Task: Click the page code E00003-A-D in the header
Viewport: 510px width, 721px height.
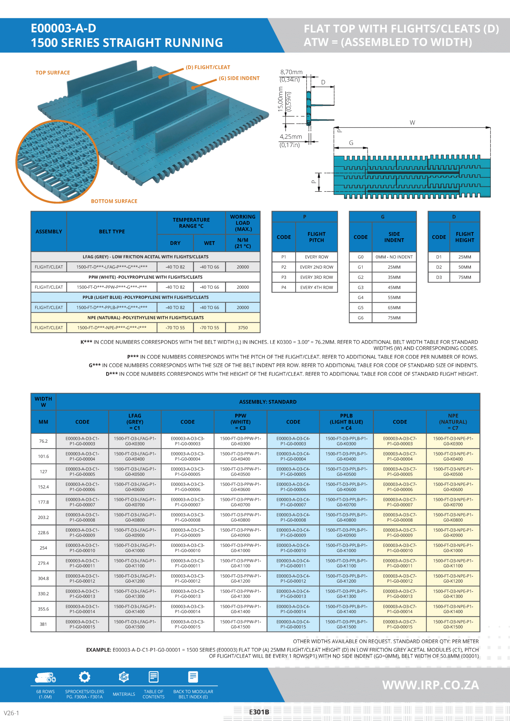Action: (63, 28)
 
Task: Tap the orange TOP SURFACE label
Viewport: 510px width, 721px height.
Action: (52, 73)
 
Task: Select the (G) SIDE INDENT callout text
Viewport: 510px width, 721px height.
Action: (239, 78)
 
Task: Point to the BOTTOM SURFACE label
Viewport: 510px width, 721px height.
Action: (114, 201)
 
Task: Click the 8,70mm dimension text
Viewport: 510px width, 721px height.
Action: (291, 72)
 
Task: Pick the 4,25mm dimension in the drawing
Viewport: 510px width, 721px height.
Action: (291, 137)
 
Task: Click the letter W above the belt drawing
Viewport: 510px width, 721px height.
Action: (412, 123)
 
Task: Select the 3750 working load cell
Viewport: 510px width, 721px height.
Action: (243, 328)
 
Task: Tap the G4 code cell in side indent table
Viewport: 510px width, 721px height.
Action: (360, 298)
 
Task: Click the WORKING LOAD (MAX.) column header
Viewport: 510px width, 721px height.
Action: (243, 223)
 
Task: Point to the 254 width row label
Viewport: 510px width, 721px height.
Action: (43, 548)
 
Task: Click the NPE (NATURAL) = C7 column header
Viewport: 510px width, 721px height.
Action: (453, 422)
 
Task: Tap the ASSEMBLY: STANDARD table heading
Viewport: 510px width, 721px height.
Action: (268, 402)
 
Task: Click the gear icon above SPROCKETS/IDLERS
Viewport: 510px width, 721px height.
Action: (85, 677)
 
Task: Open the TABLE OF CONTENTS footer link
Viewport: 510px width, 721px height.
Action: (153, 694)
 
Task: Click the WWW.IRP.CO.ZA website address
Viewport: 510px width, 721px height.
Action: (431, 685)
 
